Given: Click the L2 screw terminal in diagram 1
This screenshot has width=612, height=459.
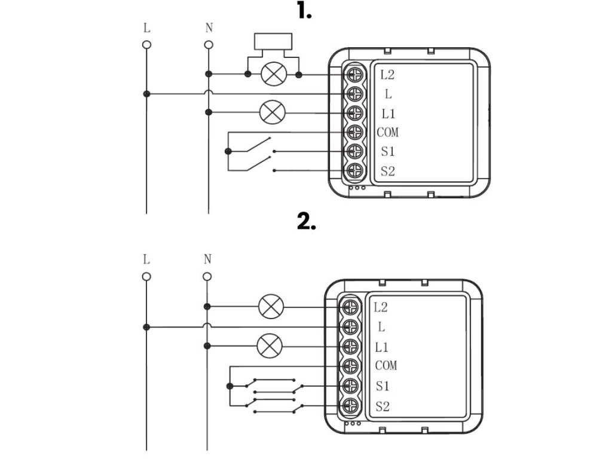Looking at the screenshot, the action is pos(355,74).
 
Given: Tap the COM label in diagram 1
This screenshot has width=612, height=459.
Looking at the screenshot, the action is pos(387,132).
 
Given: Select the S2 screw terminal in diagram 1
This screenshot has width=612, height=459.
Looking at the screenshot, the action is pos(355,170).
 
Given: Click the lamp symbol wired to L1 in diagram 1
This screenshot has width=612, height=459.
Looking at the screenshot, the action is pos(273,112).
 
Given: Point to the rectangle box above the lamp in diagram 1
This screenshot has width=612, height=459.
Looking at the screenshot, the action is pos(273,41).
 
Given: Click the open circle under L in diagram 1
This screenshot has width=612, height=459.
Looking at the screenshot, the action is pos(147,45).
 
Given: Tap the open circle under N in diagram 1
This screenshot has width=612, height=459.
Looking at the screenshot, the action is pos(209,45).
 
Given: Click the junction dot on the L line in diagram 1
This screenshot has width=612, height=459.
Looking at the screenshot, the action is pos(147,94).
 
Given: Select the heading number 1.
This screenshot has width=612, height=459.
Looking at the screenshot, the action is pos(304,11).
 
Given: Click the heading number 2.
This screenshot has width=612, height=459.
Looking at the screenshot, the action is pos(307,222).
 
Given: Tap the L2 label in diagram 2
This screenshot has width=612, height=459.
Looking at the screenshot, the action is pos(381,308).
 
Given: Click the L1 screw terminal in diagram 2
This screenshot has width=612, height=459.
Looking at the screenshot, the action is pos(350,346).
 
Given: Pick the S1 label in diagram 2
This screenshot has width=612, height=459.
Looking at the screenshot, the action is pos(382,386).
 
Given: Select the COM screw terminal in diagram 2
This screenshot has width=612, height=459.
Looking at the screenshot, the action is pos(350,366).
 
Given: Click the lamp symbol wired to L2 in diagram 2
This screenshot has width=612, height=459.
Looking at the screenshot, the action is pos(271,307).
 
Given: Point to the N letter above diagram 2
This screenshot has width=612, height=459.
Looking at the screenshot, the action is pos(207,259).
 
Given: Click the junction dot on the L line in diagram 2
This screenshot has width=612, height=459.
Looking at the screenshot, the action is pos(146,327).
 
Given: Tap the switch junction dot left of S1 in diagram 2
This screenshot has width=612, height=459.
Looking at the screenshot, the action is pos(230,386).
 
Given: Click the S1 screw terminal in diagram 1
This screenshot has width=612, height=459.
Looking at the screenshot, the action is pos(355,151).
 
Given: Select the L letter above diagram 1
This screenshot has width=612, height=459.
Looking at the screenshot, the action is pos(147,28).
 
